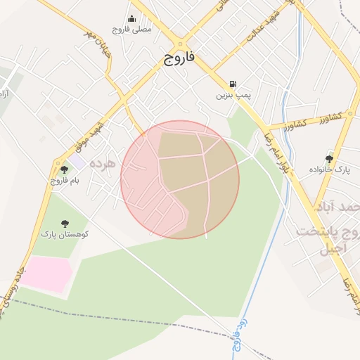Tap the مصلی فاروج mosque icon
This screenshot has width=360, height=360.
131,20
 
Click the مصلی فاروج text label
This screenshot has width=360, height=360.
131,31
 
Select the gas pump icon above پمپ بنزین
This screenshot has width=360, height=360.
233,83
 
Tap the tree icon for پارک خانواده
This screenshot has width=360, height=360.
329,159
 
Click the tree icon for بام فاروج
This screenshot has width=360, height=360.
65,169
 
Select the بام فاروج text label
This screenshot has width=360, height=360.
65,181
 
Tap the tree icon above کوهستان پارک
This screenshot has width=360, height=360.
65,223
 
